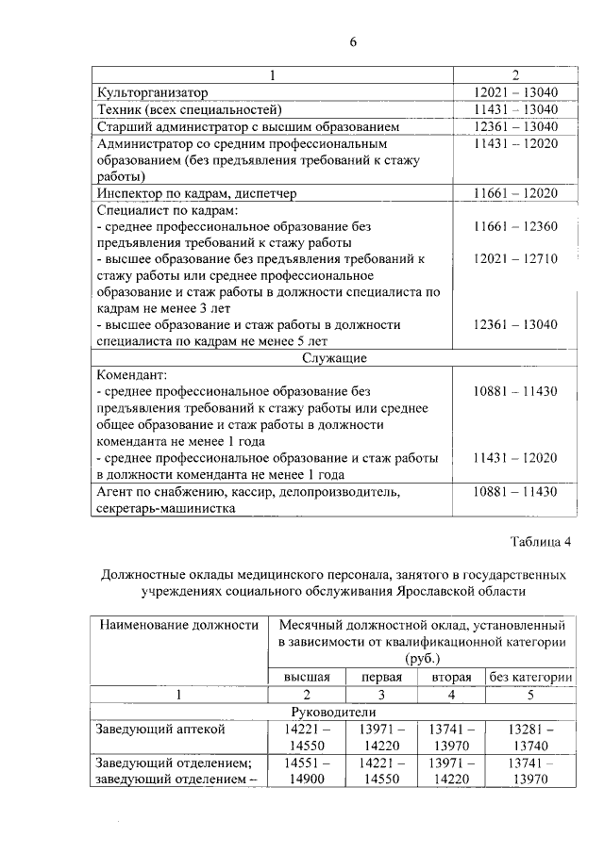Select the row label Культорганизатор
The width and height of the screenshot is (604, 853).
152,92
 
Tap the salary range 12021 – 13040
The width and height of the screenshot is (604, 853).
515,92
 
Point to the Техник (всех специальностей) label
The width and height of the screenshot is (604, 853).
190,109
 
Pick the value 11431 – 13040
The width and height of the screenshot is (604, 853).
515,109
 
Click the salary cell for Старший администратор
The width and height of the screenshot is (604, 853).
515,125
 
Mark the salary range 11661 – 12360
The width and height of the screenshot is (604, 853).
515,226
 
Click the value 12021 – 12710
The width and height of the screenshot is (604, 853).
515,259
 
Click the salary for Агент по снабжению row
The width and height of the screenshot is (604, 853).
515,492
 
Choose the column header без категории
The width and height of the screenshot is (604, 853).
529,677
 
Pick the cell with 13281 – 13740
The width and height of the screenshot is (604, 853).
529,736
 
